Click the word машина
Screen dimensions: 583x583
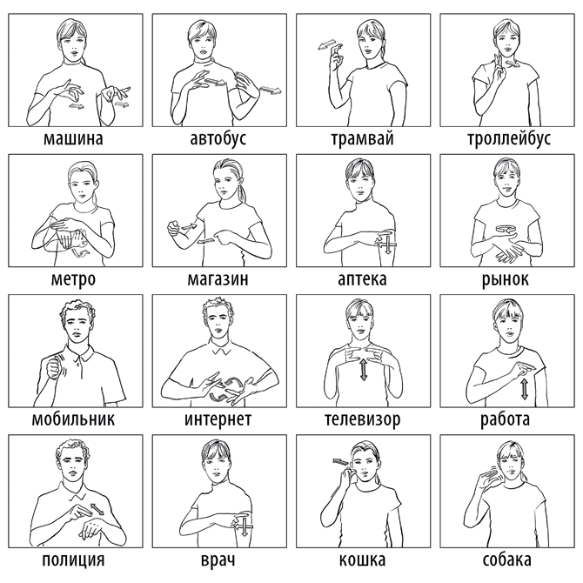[x=73, y=138]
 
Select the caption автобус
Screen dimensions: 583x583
[x=218, y=138]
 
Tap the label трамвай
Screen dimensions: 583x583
[x=362, y=138]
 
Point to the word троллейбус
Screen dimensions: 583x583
[x=509, y=138]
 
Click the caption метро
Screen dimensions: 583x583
[x=73, y=278]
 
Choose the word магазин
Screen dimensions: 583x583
[x=218, y=278]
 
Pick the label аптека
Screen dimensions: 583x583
[x=362, y=278]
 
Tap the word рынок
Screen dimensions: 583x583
[x=505, y=278]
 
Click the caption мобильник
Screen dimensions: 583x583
[x=73, y=419]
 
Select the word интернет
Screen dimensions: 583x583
[x=218, y=419]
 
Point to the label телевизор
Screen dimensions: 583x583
[x=363, y=419]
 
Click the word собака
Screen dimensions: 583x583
[x=506, y=560]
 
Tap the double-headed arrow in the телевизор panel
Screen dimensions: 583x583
[x=364, y=369]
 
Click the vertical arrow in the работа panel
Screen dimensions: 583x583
[x=524, y=389]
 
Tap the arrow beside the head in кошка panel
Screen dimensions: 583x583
[x=341, y=462]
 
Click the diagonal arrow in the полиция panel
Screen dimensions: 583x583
[x=97, y=509]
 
